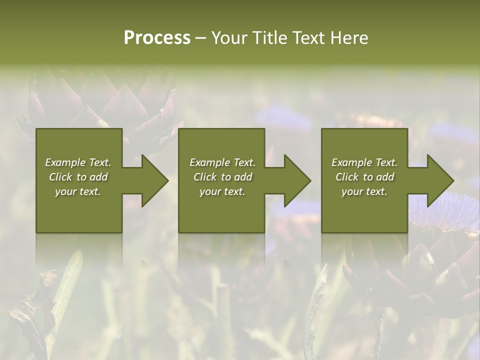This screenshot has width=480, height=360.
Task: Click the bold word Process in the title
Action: pyautogui.click(x=157, y=38)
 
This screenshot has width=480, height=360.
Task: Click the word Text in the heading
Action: pyautogui.click(x=309, y=38)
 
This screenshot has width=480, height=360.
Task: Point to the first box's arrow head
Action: pyautogui.click(x=153, y=180)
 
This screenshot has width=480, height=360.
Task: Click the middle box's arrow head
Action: pyautogui.click(x=295, y=180)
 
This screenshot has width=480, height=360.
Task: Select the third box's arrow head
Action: pyautogui.click(x=438, y=180)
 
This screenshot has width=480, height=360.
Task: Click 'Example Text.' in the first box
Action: pyautogui.click(x=78, y=162)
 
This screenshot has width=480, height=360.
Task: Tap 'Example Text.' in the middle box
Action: pyautogui.click(x=222, y=162)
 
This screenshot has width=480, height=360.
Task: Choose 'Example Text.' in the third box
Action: pyautogui.click(x=364, y=162)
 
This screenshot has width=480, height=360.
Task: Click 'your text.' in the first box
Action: pyautogui.click(x=78, y=191)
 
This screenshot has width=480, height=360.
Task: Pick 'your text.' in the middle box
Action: pyautogui.click(x=222, y=191)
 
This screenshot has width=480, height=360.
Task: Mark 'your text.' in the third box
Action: pyautogui.click(x=364, y=191)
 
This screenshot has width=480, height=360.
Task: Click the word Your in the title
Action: pyautogui.click(x=229, y=38)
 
